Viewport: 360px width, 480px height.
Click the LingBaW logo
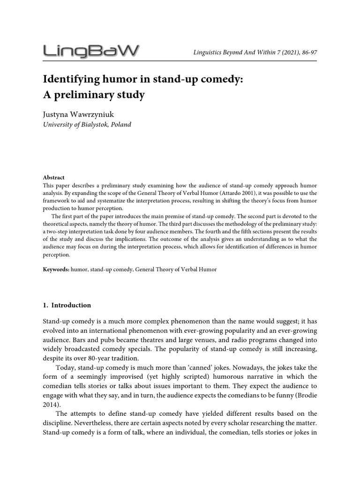tap(91, 51)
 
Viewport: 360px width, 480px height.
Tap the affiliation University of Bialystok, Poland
tap(87, 125)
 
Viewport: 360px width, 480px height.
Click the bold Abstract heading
tap(53, 178)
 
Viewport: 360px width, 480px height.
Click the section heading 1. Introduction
tap(67, 305)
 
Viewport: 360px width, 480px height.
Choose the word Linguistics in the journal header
tap(208, 52)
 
